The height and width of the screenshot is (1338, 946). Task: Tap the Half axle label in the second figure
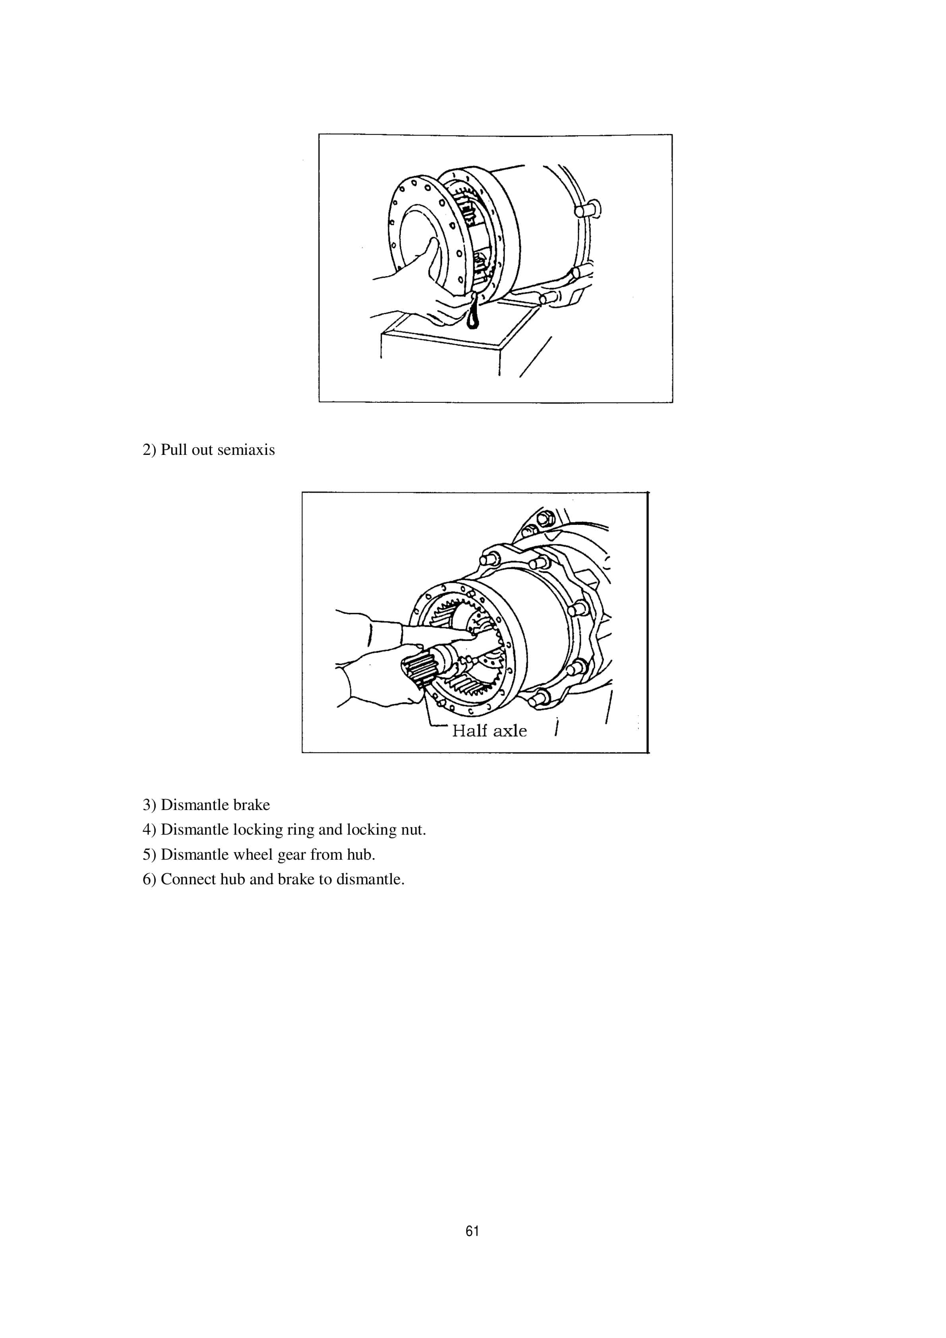click(489, 731)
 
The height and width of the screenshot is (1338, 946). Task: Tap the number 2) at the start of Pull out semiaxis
click(149, 451)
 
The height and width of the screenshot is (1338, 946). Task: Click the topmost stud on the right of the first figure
click(590, 207)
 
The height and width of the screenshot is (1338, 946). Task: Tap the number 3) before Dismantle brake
click(149, 805)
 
